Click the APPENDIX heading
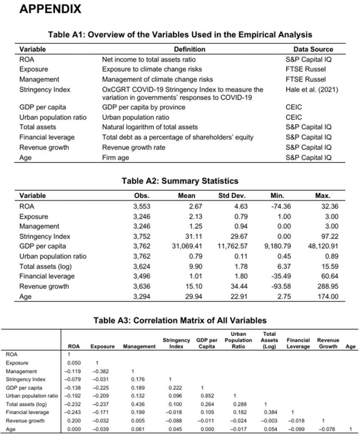[50, 9]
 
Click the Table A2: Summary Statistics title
[180, 181]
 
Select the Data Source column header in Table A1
[313, 49]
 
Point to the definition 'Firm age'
[116, 158]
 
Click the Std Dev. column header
[232, 196]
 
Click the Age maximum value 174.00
[328, 297]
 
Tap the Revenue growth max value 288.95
[328, 286]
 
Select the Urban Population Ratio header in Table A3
[239, 340]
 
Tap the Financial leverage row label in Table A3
[28, 412]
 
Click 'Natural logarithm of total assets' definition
[150, 127]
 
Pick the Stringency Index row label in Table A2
[45, 236]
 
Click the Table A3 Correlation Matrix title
[180, 321]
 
